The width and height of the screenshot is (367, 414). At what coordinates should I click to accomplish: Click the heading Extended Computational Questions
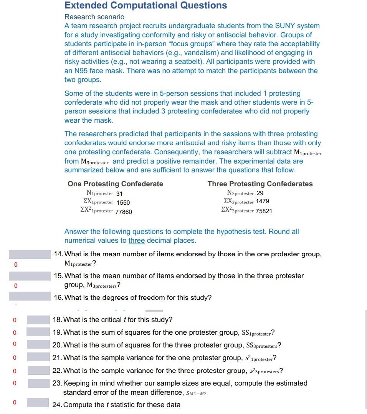[x=145, y=5]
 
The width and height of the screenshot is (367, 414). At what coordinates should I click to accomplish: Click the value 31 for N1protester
[x=119, y=194]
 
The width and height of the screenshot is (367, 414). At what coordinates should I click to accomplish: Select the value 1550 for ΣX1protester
[x=123, y=202]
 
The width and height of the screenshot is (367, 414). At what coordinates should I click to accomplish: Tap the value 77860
[x=124, y=211]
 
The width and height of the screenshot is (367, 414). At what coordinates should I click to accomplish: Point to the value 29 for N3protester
[x=260, y=193]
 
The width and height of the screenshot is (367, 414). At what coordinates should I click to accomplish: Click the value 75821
[x=264, y=211]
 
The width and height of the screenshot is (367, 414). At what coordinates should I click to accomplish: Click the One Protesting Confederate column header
[x=115, y=184]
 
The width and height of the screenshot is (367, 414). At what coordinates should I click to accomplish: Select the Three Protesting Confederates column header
[x=260, y=184]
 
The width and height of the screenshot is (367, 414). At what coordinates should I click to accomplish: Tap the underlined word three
[x=137, y=240]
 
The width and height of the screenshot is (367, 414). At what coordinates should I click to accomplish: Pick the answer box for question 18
[x=38, y=320]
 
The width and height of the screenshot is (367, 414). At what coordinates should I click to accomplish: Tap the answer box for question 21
[x=38, y=358]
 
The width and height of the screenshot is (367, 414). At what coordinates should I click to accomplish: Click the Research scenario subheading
[x=94, y=17]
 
